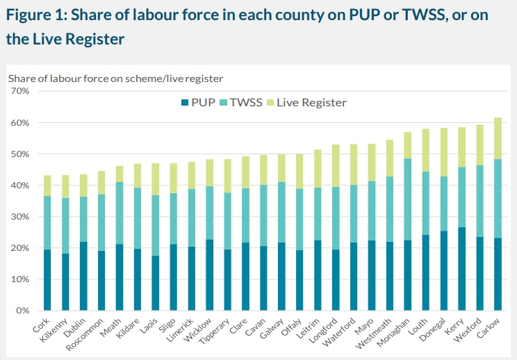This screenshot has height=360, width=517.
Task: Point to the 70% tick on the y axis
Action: coord(19,91)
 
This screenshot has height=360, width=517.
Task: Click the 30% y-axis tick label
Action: coord(19,217)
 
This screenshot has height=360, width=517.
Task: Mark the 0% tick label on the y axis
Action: coord(22,311)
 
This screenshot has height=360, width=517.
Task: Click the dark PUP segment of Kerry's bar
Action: coord(461,268)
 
